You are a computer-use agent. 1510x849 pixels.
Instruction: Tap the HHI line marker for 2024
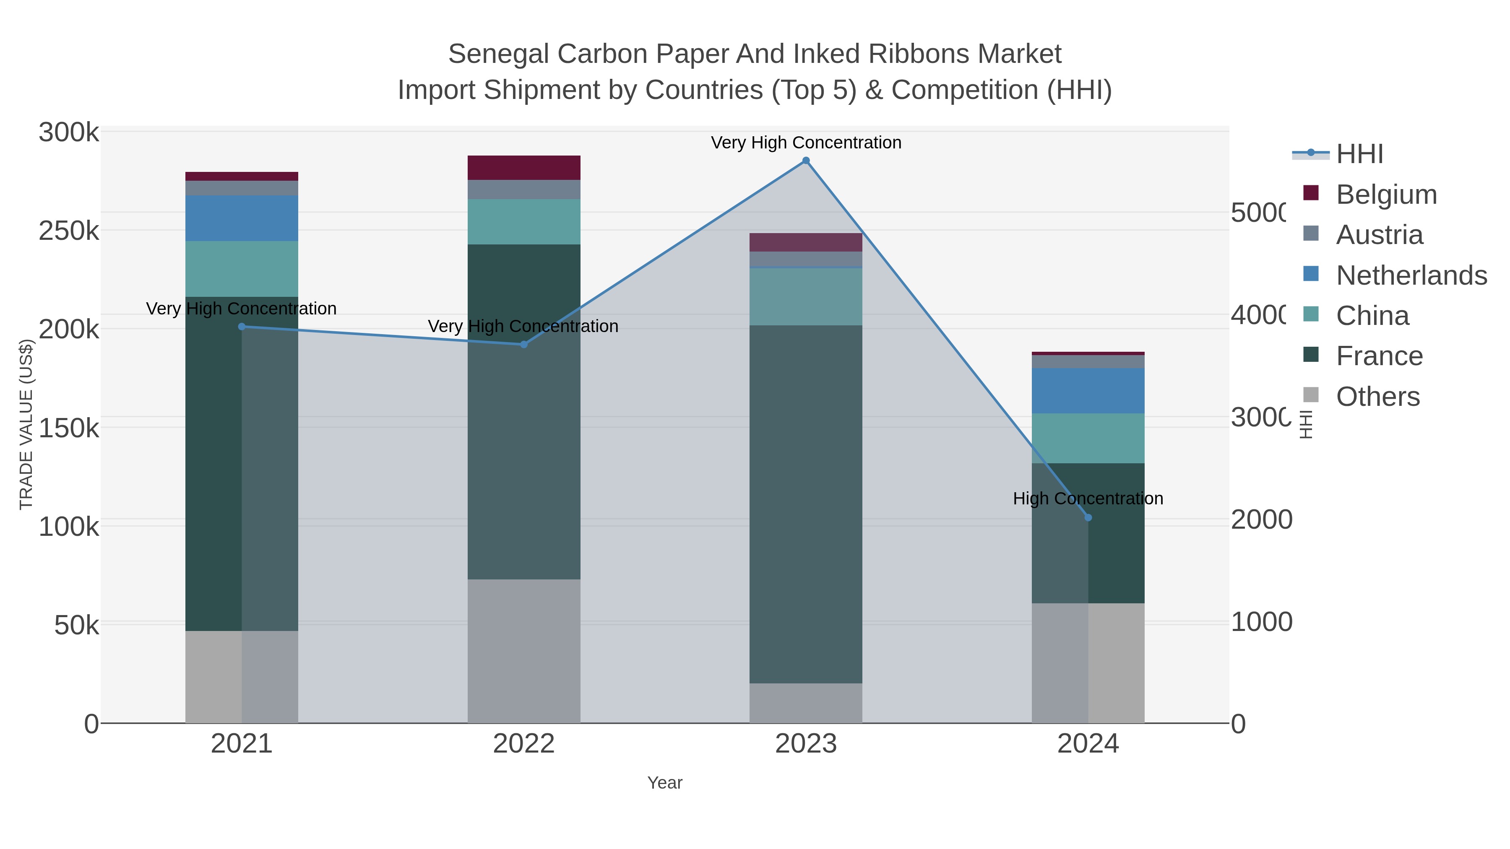1088,517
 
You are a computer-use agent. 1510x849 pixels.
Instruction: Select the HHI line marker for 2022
524,345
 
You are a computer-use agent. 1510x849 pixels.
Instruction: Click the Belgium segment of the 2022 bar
523,168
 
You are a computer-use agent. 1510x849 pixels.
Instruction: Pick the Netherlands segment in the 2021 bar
242,218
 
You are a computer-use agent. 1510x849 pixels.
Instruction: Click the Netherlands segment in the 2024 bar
1088,391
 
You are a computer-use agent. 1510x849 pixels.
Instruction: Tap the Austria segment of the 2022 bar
523,189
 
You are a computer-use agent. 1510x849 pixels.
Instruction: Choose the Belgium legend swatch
1311,193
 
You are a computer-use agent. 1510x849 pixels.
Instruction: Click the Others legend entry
1377,397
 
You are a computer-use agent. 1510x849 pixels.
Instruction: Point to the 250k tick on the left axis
69,231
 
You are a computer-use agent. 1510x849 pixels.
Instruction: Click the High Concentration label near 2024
1088,498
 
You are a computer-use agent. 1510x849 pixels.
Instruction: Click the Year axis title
665,783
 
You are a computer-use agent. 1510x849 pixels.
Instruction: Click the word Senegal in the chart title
498,54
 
